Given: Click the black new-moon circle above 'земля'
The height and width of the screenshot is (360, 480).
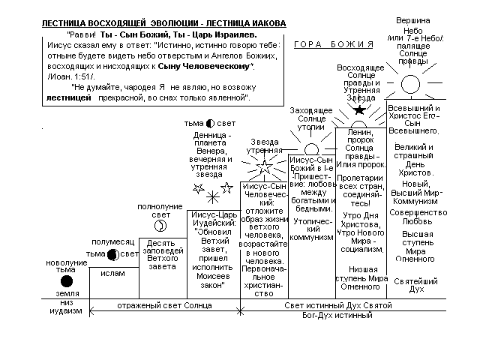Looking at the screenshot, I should tap(67, 281).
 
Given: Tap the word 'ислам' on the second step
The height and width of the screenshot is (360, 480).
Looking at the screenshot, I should tap(113, 274).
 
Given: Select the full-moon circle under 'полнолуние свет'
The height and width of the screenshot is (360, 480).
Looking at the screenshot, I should tap(160, 226).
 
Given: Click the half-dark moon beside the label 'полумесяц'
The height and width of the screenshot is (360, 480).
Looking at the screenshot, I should tap(112, 254).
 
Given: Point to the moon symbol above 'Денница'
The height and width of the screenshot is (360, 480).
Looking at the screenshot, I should tap(210, 123).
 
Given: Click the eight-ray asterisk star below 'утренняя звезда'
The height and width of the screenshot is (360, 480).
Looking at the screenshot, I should tap(214, 196).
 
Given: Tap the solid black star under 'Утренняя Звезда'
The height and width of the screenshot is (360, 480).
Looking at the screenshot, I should tap(360, 110).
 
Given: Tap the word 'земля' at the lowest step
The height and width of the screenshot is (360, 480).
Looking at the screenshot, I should tap(67, 293).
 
